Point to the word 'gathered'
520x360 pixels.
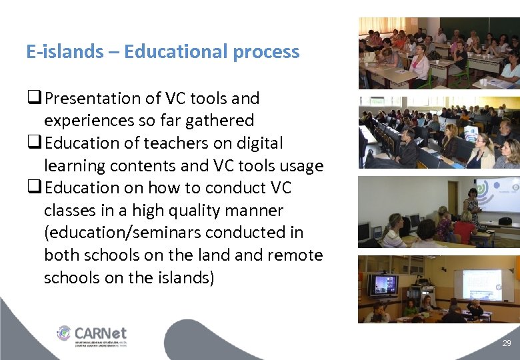pos(223,121)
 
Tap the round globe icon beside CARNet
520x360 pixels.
pos(64,332)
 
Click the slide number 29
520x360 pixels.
pos(507,343)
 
